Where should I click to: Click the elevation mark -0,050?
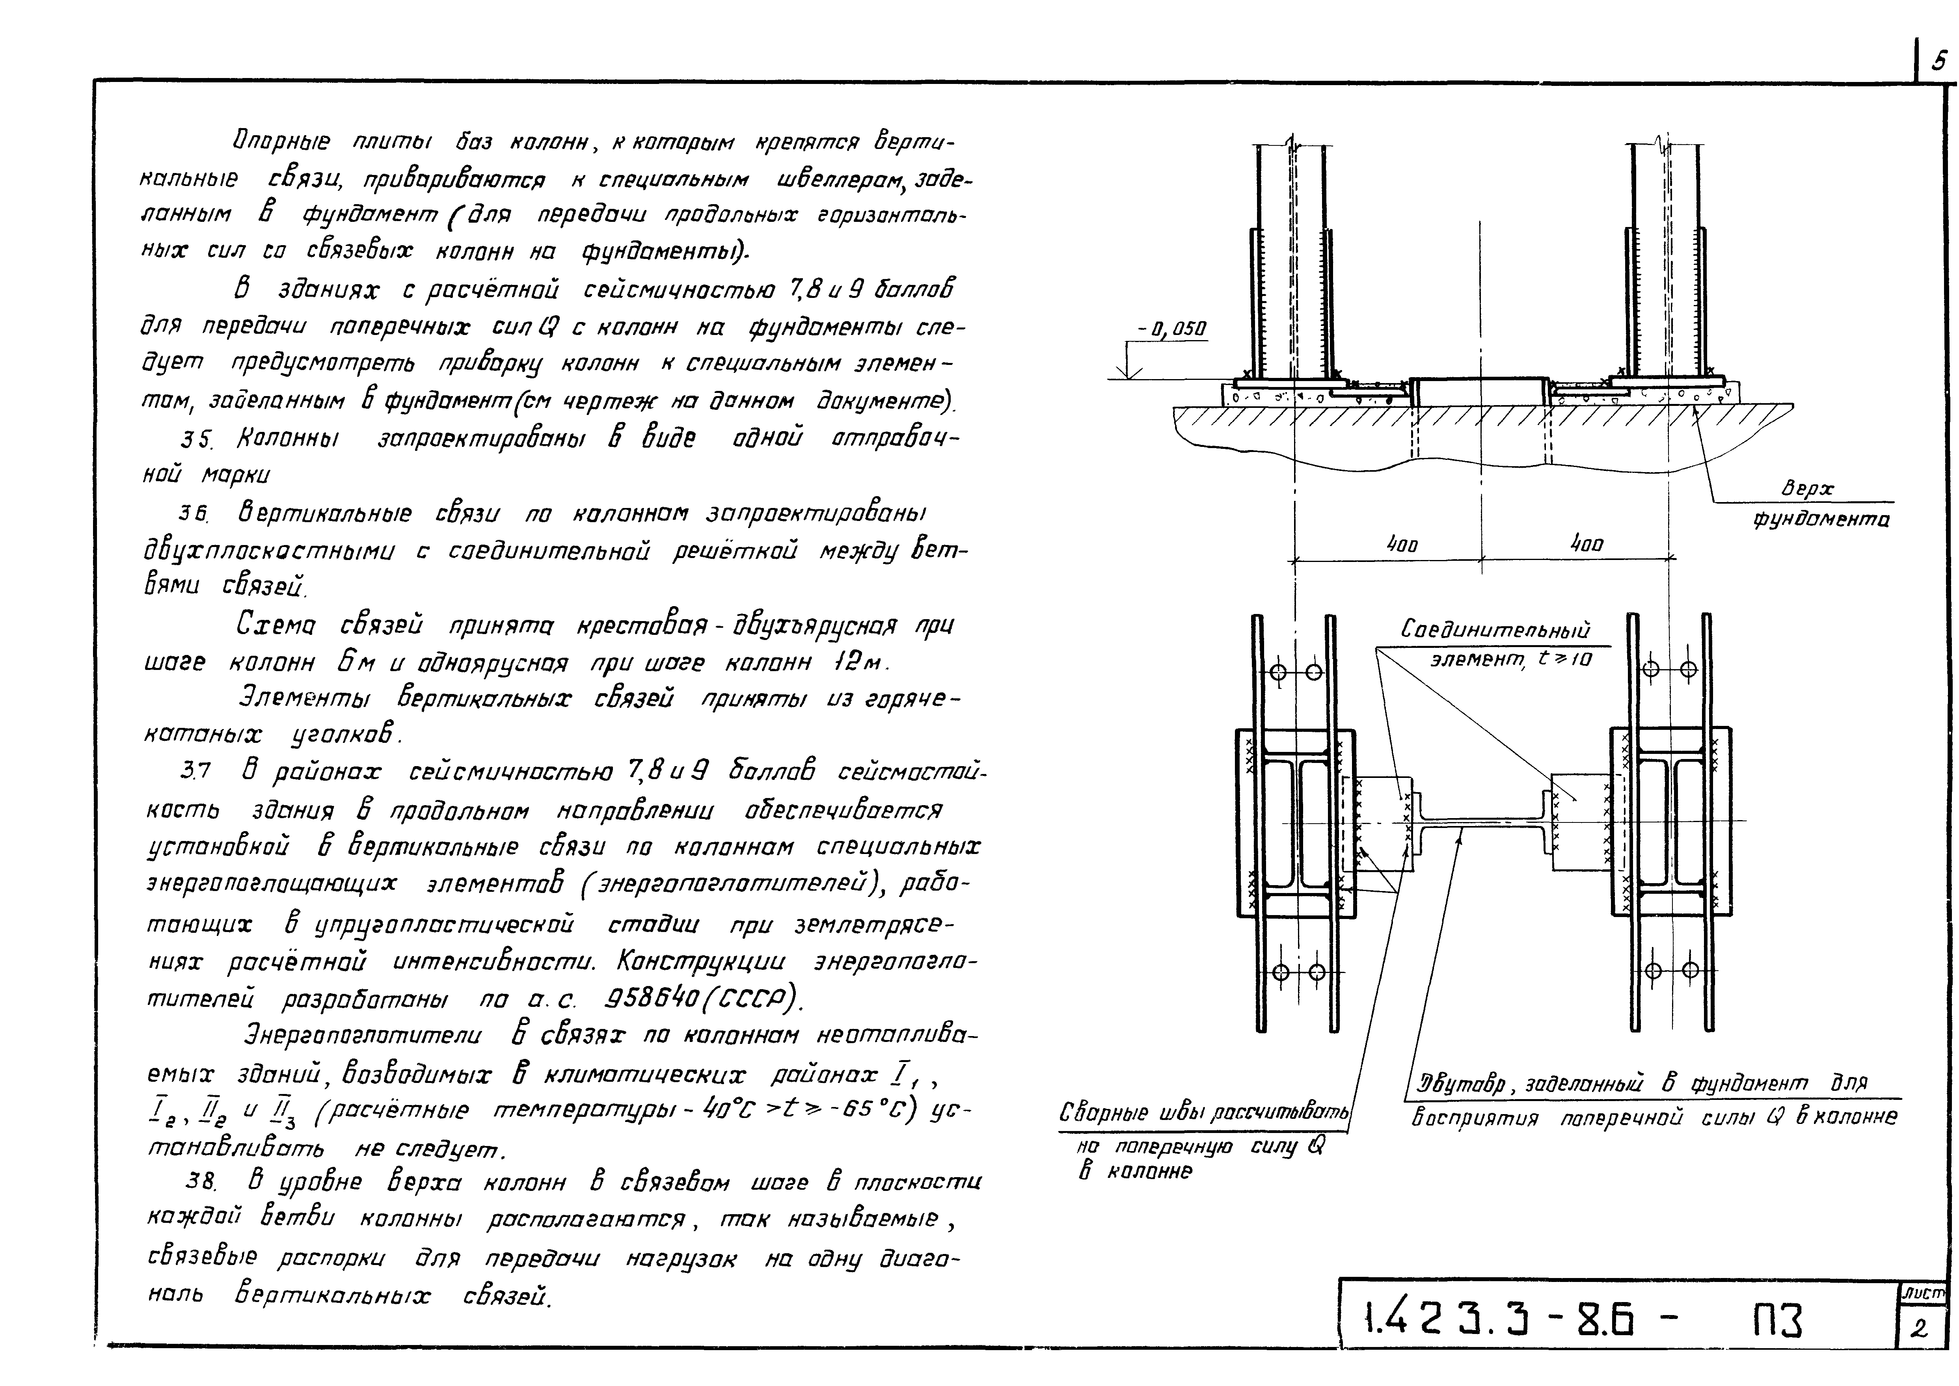coord(1172,329)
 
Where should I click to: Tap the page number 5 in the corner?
coord(1939,61)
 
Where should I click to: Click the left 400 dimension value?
coord(1401,544)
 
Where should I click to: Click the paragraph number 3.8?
coord(201,1182)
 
